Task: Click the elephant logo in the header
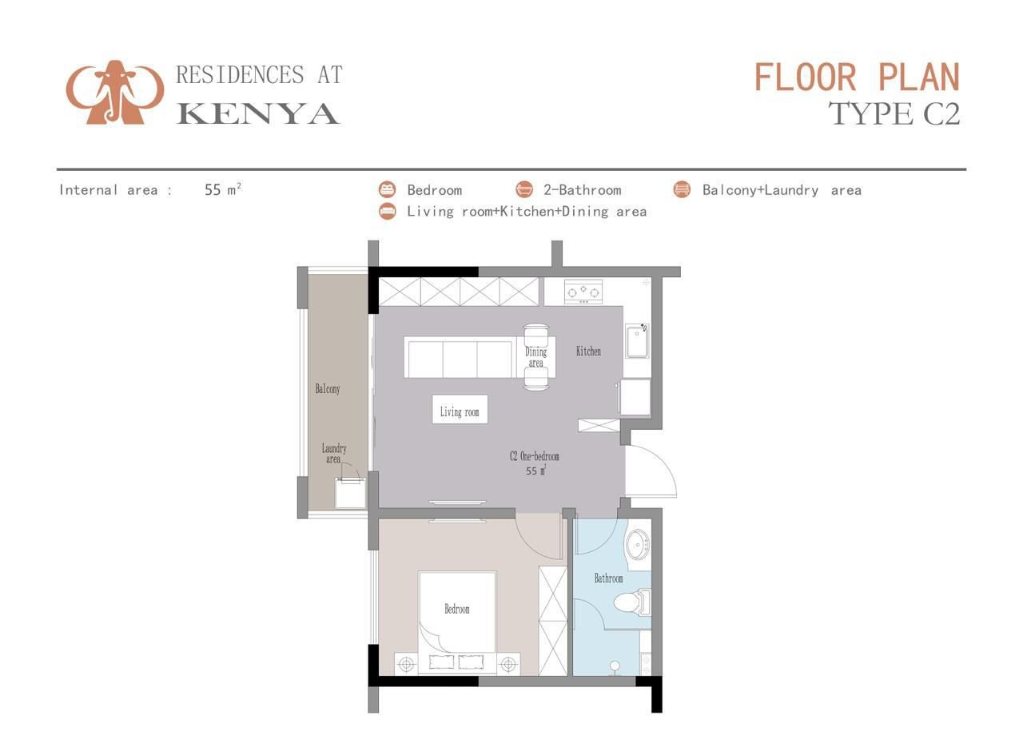click(x=114, y=92)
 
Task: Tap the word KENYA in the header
click(x=258, y=113)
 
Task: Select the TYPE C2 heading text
click(x=894, y=113)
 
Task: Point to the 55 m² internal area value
click(x=223, y=189)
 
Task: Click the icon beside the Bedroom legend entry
click(x=388, y=189)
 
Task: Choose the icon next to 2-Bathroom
click(x=524, y=189)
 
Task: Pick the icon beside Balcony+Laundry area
click(x=682, y=189)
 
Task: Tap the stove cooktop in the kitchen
click(x=583, y=292)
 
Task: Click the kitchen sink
click(x=637, y=341)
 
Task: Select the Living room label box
click(x=460, y=409)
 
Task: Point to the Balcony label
click(x=328, y=389)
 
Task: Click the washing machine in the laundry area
click(x=350, y=493)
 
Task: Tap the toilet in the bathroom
click(x=632, y=602)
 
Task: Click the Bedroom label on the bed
click(x=456, y=609)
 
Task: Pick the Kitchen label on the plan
click(x=588, y=351)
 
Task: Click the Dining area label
click(x=535, y=357)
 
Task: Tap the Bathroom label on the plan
click(x=608, y=578)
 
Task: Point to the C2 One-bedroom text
click(x=535, y=456)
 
